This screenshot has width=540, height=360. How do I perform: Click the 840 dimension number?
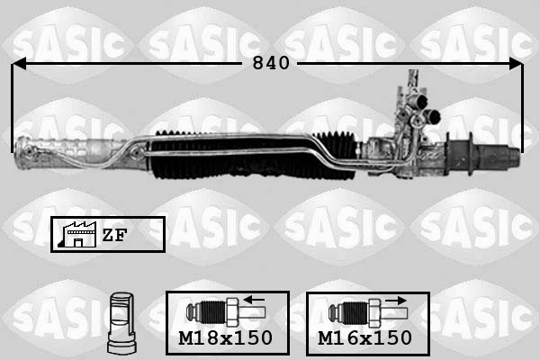click(x=271, y=63)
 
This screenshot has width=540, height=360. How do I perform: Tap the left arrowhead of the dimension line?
click(x=19, y=64)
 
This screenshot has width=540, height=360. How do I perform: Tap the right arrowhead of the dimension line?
click(x=516, y=64)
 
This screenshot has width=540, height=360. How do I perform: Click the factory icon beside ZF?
click(x=77, y=234)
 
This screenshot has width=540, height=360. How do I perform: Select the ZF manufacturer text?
click(x=114, y=235)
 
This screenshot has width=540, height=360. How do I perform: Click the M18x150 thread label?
click(x=226, y=338)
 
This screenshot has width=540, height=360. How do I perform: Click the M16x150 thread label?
click(x=365, y=338)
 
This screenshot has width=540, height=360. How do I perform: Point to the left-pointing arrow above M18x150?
click(x=254, y=300)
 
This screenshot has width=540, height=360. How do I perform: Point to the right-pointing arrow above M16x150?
click(x=396, y=301)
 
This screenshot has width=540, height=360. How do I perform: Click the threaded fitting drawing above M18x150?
click(x=226, y=313)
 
